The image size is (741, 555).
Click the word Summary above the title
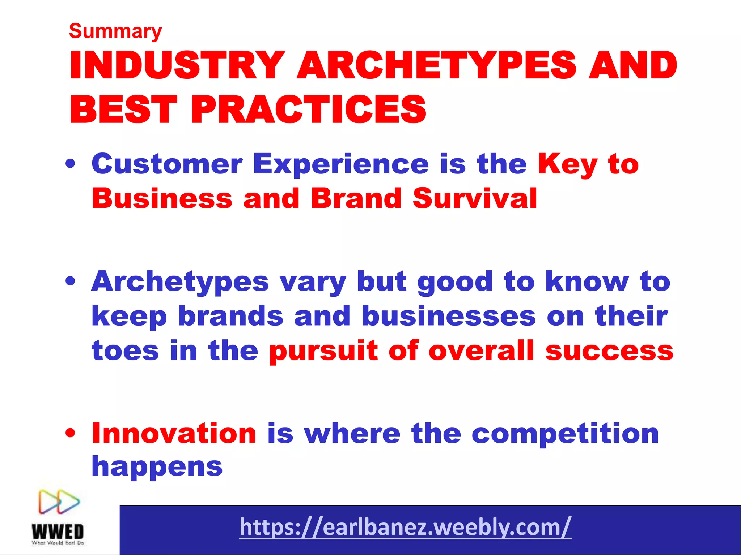115,32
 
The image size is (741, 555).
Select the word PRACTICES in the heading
309,109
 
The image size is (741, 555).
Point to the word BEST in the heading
123,109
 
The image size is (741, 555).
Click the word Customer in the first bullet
167,164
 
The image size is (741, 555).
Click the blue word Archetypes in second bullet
180,282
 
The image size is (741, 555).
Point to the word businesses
449,316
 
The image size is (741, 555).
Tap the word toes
125,350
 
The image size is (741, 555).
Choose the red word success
609,350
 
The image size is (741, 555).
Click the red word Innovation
174,433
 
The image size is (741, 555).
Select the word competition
565,434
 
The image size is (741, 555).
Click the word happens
157,467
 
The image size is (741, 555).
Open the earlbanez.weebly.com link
405,527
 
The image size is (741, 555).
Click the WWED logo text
58,532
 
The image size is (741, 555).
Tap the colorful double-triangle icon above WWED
59,502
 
